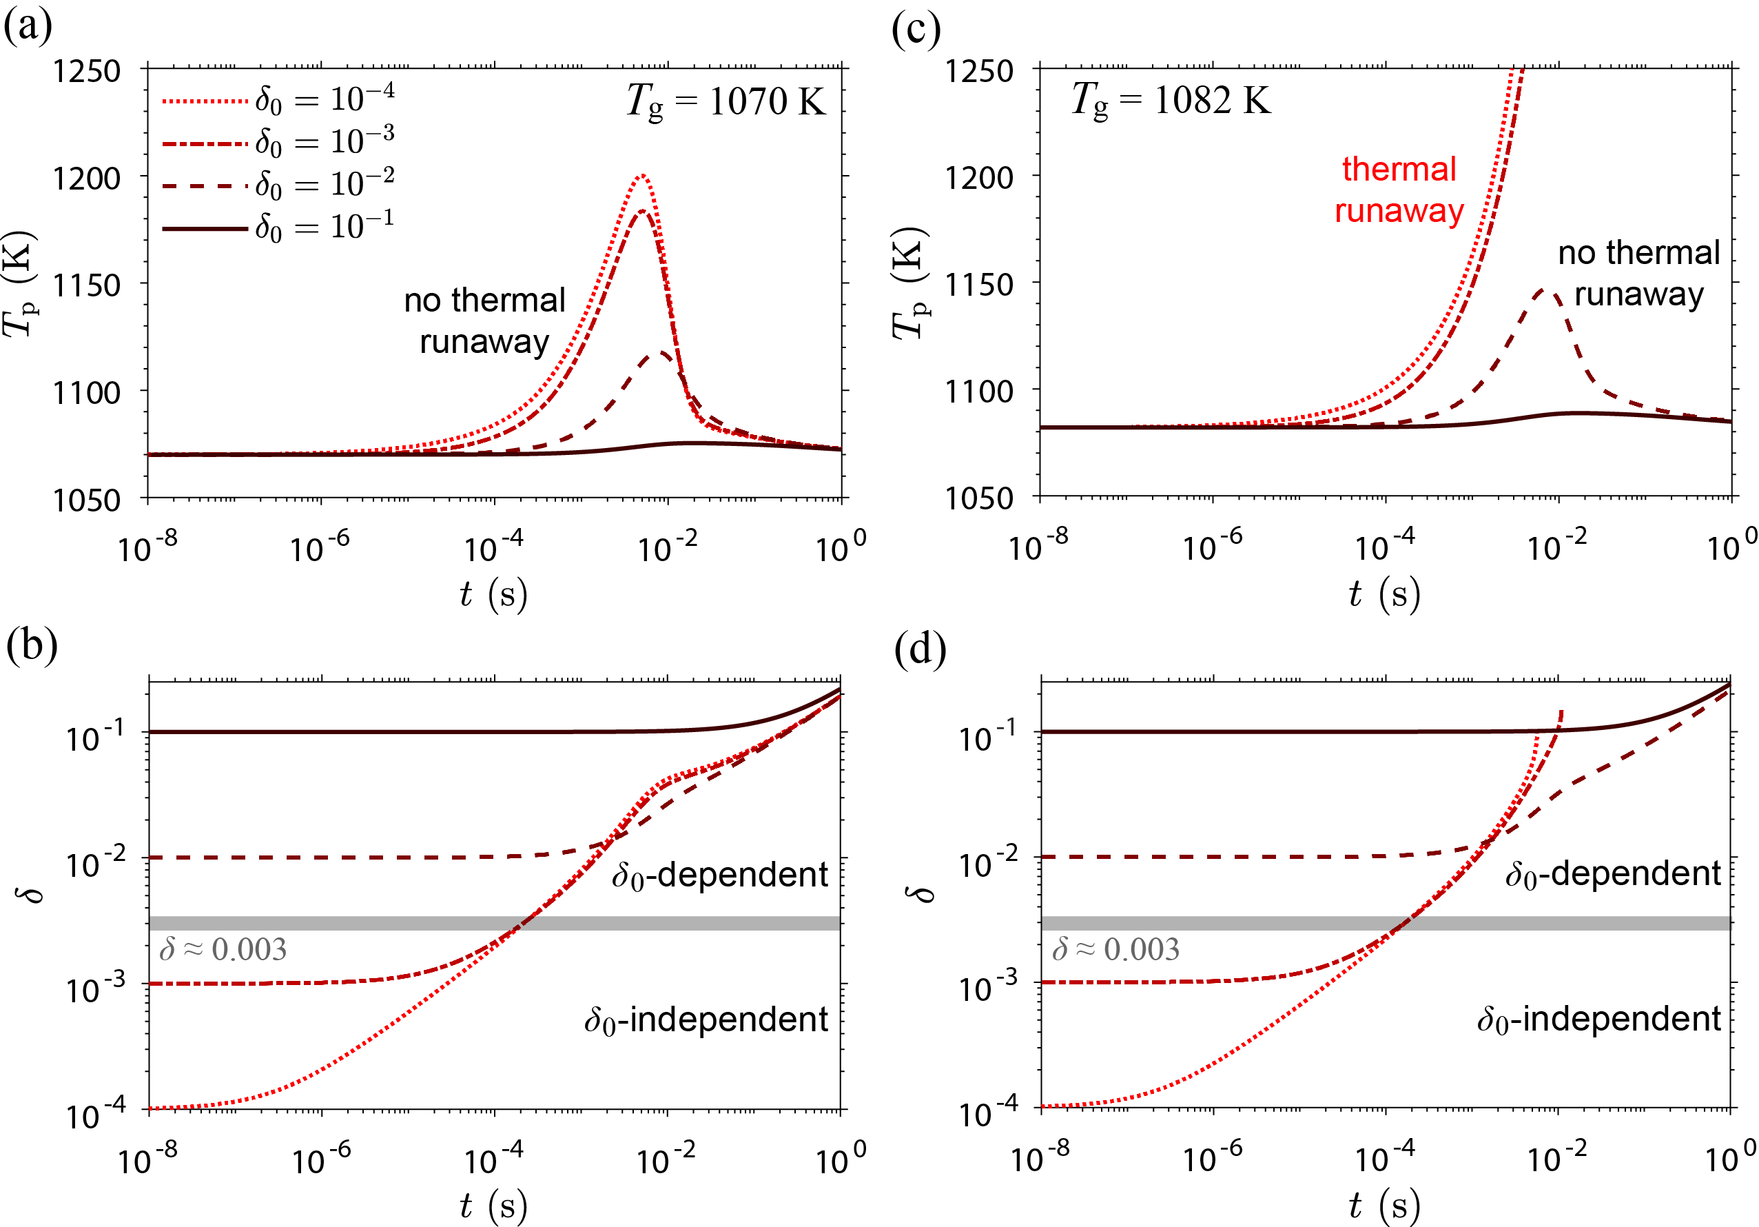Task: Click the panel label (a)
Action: point(28,28)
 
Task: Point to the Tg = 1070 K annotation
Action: point(725,102)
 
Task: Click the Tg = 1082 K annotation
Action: point(1170,101)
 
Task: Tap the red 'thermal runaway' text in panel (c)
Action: point(1398,190)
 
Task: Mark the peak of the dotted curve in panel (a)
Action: point(642,176)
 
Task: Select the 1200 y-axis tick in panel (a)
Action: point(87,178)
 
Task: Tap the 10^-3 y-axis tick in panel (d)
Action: point(987,988)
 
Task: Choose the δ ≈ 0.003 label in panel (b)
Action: point(222,950)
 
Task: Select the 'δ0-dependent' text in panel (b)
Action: point(719,875)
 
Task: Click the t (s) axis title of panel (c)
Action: point(1383,594)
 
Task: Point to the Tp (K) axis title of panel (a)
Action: point(20,283)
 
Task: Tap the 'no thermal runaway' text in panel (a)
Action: point(484,321)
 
